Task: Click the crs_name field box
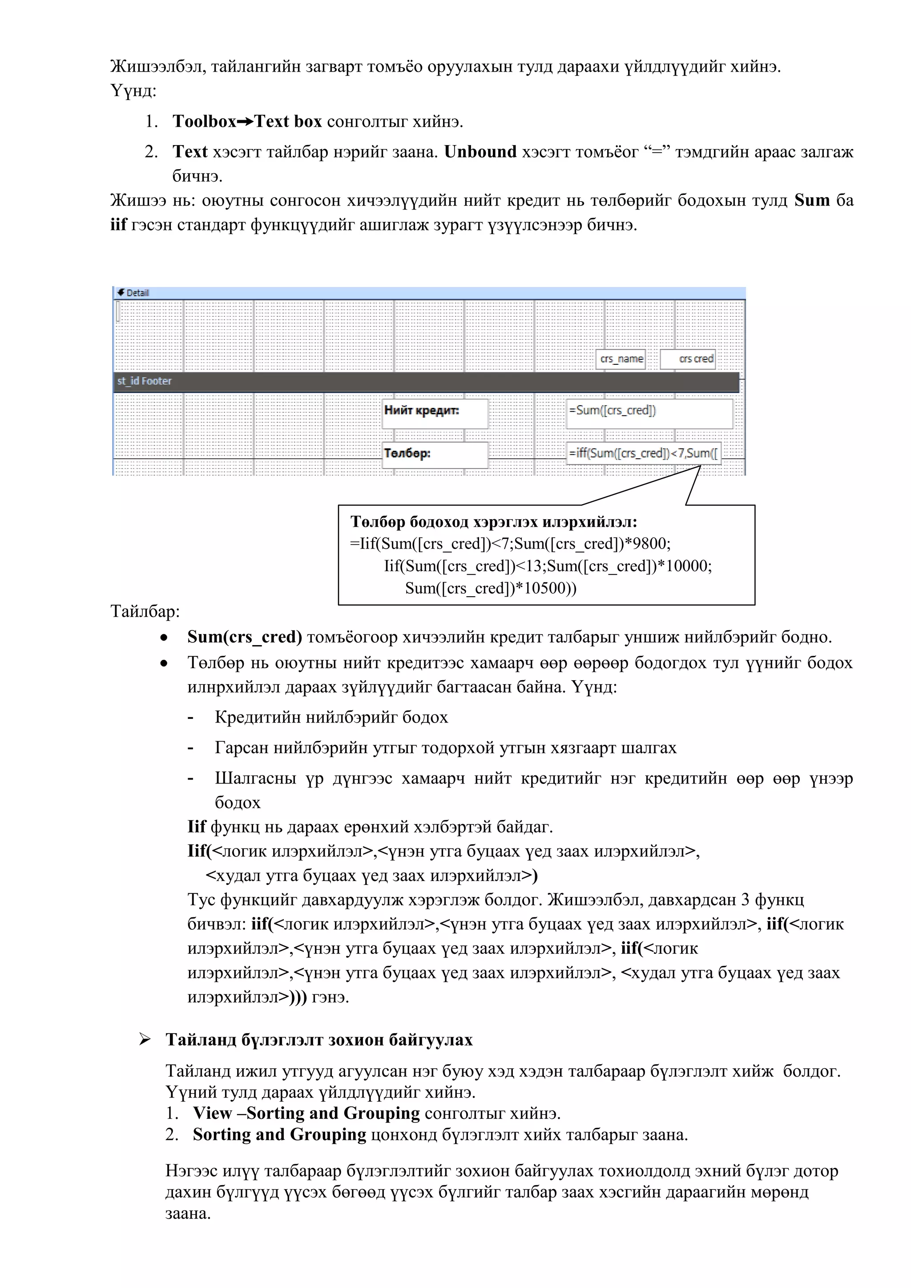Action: tap(621, 359)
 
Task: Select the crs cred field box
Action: tap(688, 359)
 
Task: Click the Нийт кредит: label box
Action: tap(435, 413)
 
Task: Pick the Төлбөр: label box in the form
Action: tap(435, 454)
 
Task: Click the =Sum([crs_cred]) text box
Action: tap(649, 413)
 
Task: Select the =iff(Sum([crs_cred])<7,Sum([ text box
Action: tap(643, 453)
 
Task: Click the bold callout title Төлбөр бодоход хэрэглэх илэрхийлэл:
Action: tap(494, 522)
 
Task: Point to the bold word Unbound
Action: tap(480, 152)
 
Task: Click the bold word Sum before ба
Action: tap(812, 200)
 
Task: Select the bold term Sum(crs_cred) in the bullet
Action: tap(245, 637)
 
